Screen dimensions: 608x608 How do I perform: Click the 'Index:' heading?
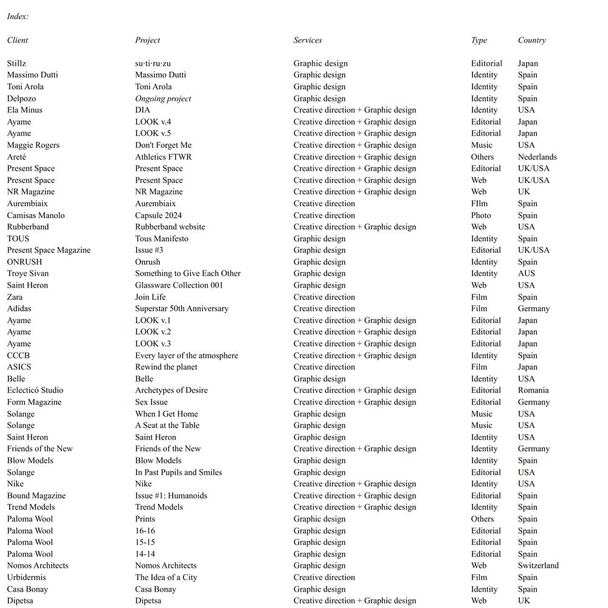point(18,16)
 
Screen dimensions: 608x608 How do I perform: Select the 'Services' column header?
point(308,40)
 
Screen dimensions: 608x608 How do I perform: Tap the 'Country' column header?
point(532,40)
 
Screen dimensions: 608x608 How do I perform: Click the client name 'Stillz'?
point(16,63)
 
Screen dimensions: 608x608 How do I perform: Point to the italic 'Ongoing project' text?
point(163,98)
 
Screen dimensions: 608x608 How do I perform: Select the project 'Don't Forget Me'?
point(163,145)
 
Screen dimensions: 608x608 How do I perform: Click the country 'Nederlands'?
point(537,157)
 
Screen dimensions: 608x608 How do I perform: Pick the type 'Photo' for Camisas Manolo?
point(481,215)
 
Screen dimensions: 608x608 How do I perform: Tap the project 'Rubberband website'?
point(170,227)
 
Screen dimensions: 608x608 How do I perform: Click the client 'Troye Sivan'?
point(28,274)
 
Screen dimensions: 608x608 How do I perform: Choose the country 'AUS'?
point(527,274)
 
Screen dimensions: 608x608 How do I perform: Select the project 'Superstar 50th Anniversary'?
point(182,308)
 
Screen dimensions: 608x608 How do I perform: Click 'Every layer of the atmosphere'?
point(187,355)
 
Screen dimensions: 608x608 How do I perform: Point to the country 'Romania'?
point(533,390)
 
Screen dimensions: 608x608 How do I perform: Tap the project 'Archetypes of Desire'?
point(171,390)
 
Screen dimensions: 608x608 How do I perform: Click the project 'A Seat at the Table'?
point(167,425)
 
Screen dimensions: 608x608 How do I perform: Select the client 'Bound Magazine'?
point(36,496)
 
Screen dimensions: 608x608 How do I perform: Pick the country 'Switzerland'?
point(538,565)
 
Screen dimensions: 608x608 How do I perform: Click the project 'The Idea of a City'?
point(166,577)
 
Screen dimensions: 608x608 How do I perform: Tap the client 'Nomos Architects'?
point(38,565)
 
